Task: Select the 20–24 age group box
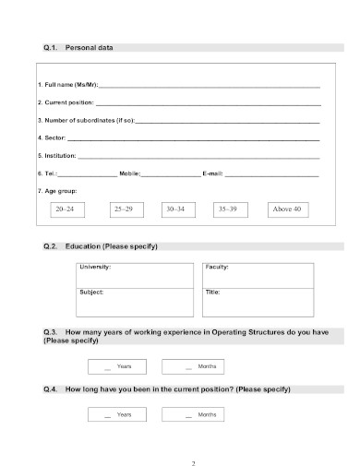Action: pos(64,210)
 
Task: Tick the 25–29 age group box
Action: pos(123,210)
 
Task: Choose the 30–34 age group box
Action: pos(174,210)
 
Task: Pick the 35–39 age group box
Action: pos(227,210)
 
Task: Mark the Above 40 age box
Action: pos(286,210)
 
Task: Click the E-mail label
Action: pos(212,173)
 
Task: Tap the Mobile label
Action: pos(129,173)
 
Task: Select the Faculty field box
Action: pos(256,276)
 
